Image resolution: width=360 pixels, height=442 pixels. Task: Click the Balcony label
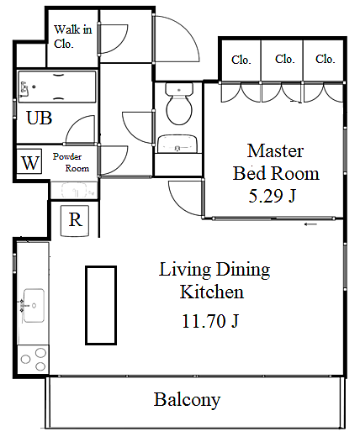coord(187,400)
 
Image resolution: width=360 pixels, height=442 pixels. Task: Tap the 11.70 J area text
coord(210,321)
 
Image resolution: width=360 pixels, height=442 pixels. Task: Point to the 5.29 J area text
coord(273,196)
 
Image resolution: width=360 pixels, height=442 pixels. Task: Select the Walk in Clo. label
coord(73,37)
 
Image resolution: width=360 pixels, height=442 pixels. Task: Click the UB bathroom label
coord(40,118)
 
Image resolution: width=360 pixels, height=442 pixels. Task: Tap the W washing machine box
coord(29,161)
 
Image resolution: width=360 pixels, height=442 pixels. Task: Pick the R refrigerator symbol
coord(75,220)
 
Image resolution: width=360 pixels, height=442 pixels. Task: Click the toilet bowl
coord(179,103)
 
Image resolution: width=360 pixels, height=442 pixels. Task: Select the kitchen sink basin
coord(34,305)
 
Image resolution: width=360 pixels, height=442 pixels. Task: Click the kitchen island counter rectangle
coord(101,305)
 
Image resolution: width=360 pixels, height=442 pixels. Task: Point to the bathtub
coord(57,87)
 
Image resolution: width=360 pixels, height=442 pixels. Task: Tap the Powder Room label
coord(71,162)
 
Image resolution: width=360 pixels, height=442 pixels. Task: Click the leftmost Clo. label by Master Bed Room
coord(241,60)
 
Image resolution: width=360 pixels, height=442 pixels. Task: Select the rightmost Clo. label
coord(326,59)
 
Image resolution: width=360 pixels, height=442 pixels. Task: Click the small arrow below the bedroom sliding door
coord(311,224)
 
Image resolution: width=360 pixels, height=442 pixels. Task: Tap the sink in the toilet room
coord(177,144)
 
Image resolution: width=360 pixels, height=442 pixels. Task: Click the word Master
coord(275,150)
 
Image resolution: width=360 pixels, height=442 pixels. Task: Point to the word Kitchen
coord(212,292)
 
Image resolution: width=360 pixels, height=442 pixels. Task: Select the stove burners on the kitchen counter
coord(34,360)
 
